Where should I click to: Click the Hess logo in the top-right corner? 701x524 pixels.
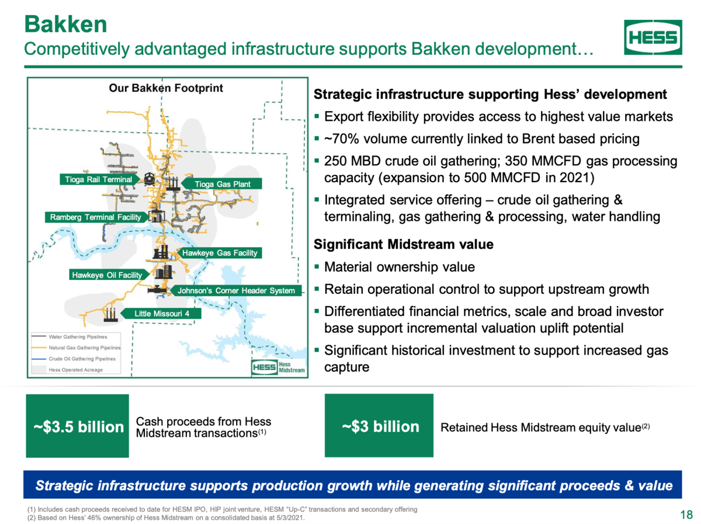[653, 37]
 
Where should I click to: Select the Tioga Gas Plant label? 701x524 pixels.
[221, 183]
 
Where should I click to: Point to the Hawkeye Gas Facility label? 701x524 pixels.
[220, 253]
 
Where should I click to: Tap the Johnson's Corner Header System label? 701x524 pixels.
[235, 290]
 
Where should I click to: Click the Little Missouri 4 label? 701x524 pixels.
[161, 313]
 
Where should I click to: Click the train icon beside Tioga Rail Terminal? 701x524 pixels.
[149, 179]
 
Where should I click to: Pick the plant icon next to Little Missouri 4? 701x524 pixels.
[110, 315]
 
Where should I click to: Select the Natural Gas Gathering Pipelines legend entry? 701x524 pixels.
[76, 348]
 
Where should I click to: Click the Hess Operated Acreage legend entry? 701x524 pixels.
[67, 369]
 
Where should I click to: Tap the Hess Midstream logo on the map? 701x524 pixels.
[278, 367]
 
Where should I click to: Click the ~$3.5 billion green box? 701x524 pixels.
[78, 426]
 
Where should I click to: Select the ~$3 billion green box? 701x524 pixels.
[379, 425]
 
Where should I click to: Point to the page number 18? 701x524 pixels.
[686, 515]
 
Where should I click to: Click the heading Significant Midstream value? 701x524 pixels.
[404, 244]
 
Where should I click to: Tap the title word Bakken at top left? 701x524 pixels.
[66, 25]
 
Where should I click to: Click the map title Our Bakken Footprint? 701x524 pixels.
[166, 88]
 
